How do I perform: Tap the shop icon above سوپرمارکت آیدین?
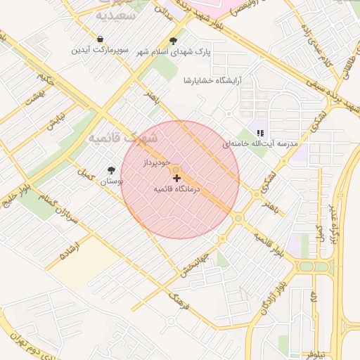101,39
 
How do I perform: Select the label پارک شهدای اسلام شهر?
173,52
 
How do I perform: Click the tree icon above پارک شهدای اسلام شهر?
173,41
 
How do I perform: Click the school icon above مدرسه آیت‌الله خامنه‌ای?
260,132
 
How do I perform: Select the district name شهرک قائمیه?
123,137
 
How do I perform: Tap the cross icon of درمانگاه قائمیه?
176,179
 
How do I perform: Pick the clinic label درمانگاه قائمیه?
176,189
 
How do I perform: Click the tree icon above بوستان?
111,169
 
